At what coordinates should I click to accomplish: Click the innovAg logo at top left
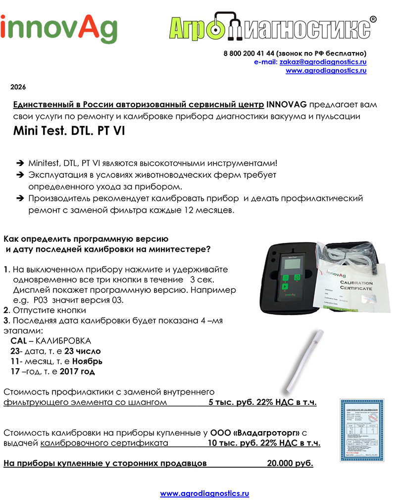pyautogui.click(x=58, y=28)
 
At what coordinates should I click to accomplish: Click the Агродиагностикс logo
pyautogui.click(x=270, y=29)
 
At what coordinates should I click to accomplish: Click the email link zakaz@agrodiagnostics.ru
pyautogui.click(x=323, y=62)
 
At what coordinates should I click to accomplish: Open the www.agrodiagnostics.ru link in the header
pyautogui.click(x=326, y=70)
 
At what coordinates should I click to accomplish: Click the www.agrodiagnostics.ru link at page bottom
pyautogui.click(x=204, y=493)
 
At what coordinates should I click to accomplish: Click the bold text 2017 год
pyautogui.click(x=80, y=371)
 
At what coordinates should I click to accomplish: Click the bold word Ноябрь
pyautogui.click(x=84, y=361)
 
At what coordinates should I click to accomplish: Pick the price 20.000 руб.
pyautogui.click(x=290, y=463)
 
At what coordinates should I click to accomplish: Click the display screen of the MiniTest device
pyautogui.click(x=291, y=265)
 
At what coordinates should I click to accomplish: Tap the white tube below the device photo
pyautogui.click(x=301, y=359)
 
